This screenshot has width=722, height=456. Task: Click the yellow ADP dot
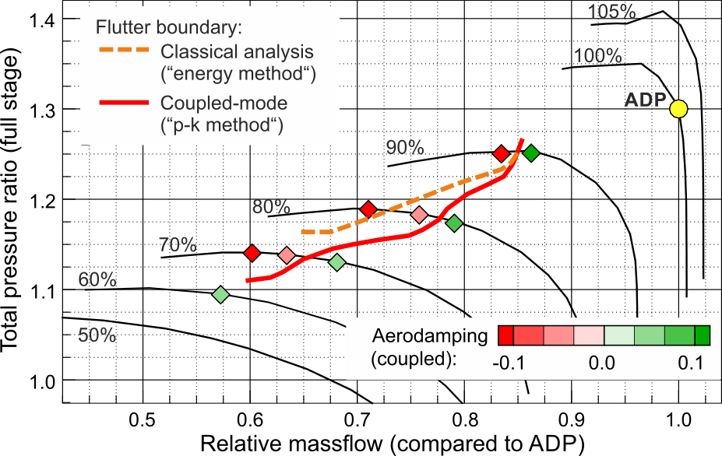(678, 109)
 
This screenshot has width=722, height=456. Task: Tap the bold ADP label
(645, 100)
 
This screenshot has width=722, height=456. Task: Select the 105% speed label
(611, 12)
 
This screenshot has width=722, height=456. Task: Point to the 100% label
(597, 56)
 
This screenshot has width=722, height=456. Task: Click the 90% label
(405, 147)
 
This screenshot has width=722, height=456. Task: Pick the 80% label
(271, 207)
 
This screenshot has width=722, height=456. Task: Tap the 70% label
(178, 244)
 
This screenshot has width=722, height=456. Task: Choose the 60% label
(97, 279)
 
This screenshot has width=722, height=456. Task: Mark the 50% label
(97, 335)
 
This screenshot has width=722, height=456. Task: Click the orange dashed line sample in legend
(123, 52)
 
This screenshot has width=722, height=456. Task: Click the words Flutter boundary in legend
(169, 28)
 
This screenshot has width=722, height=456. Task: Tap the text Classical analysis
(237, 52)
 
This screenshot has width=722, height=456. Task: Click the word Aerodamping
(430, 336)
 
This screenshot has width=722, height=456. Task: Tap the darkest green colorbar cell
(702, 335)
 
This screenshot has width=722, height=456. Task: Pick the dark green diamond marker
(530, 153)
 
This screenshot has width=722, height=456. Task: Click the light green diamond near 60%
(220, 294)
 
